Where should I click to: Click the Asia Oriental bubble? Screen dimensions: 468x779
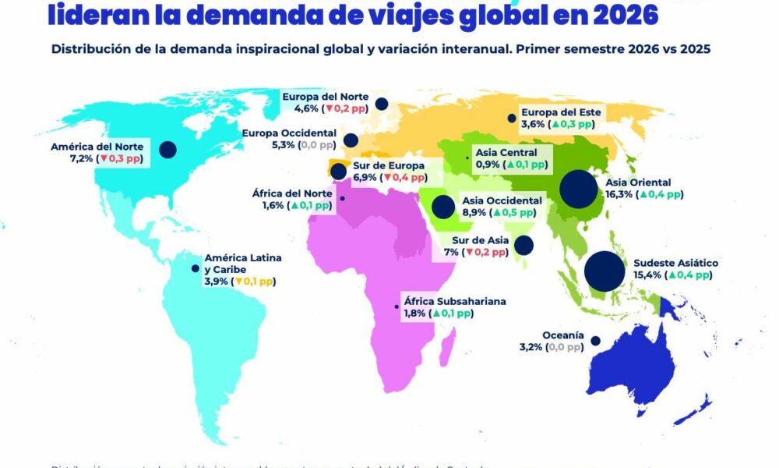pos(579,189)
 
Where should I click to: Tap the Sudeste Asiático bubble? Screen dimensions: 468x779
pos(605,270)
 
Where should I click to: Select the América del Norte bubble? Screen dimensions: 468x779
pos(167,149)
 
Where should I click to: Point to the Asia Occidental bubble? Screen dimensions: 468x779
pos(443,207)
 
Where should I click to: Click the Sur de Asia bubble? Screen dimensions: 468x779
pos(523,245)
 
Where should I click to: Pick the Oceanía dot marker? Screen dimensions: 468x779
pos(595,340)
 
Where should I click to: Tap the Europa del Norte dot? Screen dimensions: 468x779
pos(382,104)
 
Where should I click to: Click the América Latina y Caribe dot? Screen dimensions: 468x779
pos(195,269)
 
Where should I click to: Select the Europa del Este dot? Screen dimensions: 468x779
pos(511,119)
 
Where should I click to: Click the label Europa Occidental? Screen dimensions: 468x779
pos(289,133)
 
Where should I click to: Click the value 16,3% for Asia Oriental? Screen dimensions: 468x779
pos(621,195)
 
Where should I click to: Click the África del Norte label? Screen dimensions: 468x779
pos(294,193)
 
